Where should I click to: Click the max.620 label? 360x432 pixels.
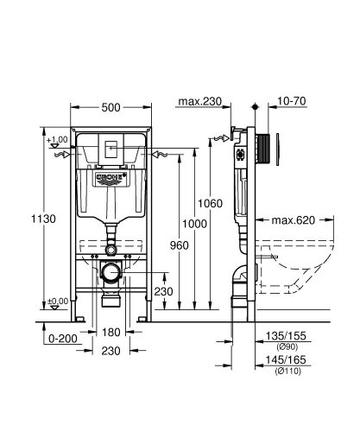296,220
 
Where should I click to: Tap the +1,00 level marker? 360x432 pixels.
59,140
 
